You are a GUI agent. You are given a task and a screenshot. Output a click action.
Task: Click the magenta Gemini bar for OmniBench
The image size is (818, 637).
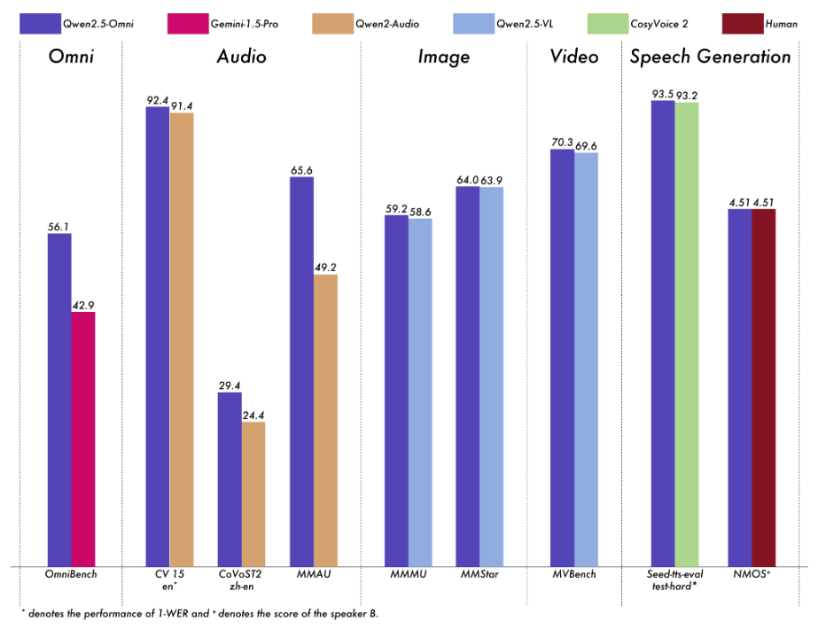coord(83,439)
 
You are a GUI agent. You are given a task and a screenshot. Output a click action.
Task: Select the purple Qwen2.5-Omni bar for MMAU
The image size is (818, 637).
coord(301,371)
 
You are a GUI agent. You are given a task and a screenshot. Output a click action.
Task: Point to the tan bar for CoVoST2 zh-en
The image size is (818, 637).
coord(253,493)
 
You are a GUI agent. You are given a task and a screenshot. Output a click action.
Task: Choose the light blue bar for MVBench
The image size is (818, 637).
coord(586,359)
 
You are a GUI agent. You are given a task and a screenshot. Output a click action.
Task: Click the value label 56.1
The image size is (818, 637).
coord(59,227)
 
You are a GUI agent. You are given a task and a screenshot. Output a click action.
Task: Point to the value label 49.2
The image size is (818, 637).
coord(325,268)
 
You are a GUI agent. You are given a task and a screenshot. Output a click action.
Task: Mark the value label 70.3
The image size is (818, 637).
coord(562,143)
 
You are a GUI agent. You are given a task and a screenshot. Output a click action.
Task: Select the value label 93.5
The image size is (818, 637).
coord(662,94)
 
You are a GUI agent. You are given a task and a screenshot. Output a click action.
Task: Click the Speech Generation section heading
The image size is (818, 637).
coord(710,58)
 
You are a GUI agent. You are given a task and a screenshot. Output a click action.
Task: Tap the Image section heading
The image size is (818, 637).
coord(444,58)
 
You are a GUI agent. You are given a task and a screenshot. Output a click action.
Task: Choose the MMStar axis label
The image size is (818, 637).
coord(479,575)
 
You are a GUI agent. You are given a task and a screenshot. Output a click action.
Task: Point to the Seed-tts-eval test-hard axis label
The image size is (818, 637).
coord(674,580)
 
